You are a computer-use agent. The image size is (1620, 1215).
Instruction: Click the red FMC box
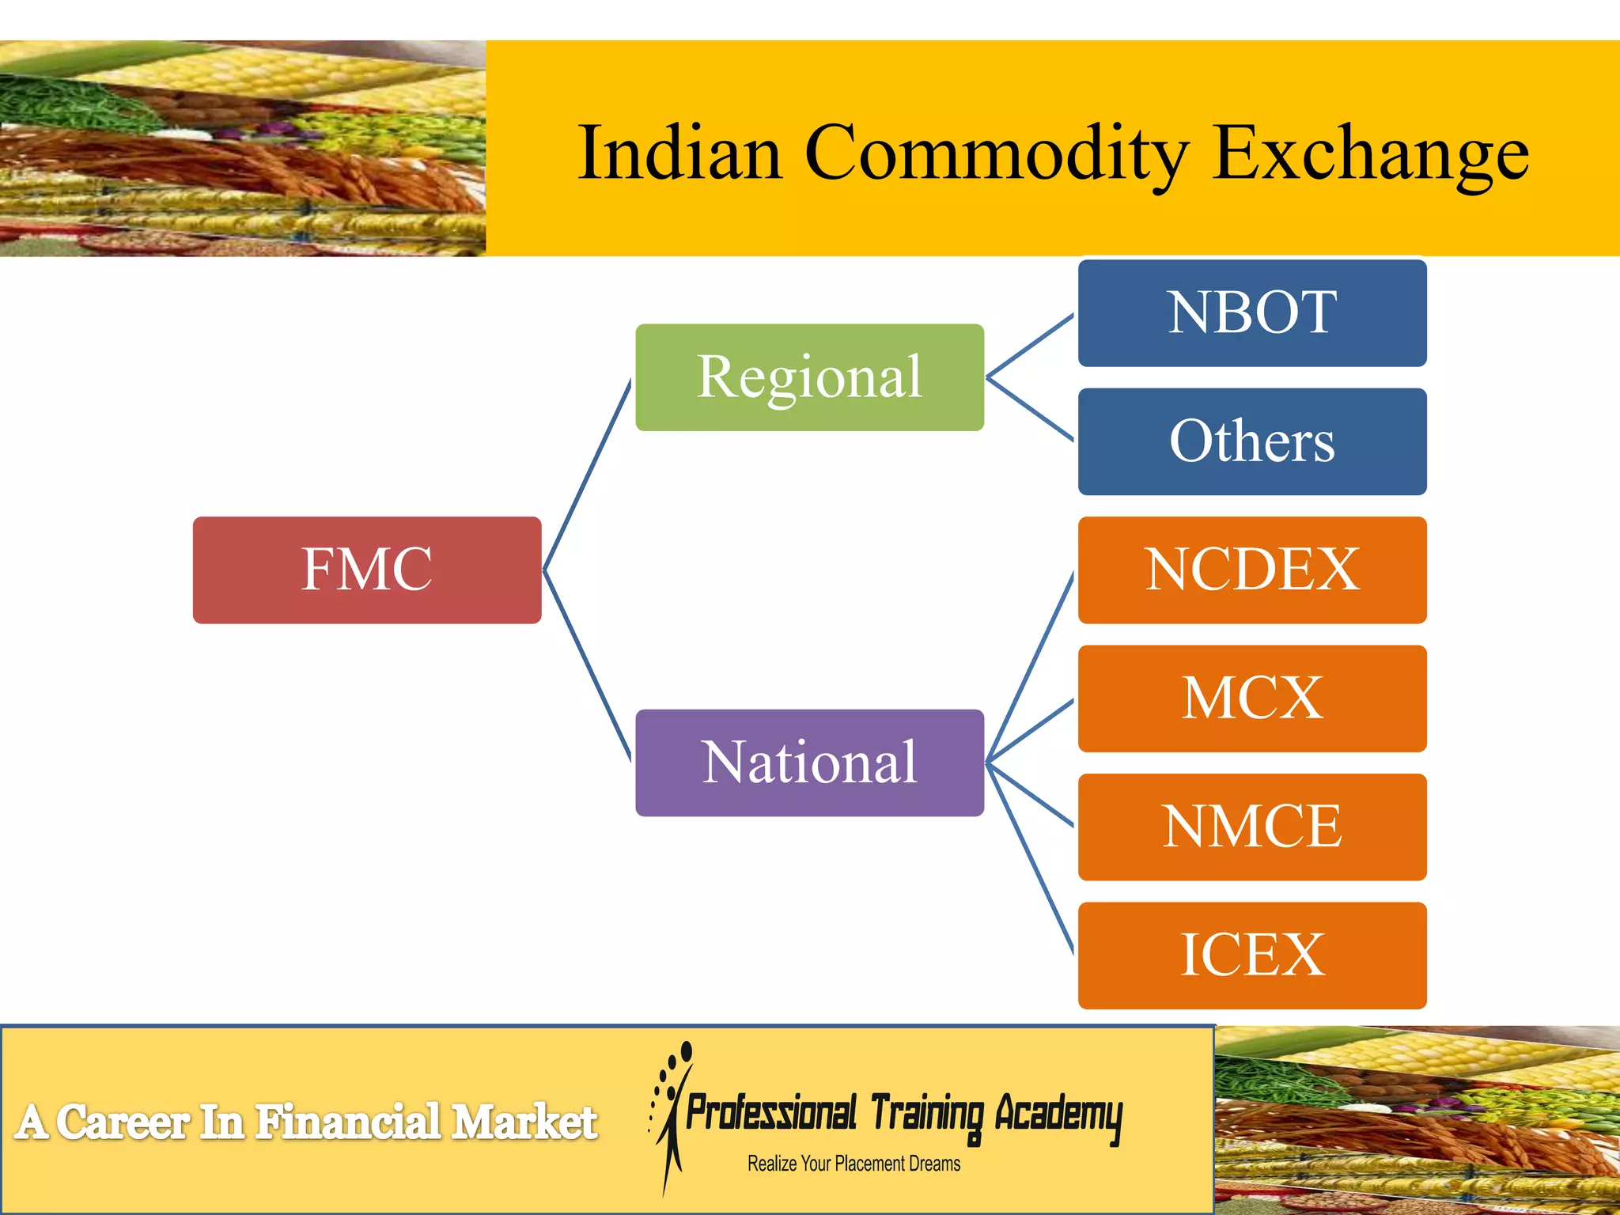367,570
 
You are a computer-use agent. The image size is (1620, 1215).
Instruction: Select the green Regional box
809,377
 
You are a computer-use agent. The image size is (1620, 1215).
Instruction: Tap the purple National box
809,763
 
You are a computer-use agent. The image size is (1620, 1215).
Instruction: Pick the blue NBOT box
1252,312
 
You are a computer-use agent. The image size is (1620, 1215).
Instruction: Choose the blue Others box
1252,441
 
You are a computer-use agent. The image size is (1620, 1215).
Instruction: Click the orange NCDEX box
1252,570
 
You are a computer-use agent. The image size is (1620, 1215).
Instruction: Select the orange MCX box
1252,698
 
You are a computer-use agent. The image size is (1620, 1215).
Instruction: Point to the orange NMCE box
1252,827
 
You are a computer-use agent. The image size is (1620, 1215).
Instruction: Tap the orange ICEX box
1252,956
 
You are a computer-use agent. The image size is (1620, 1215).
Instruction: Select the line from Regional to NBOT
1030,345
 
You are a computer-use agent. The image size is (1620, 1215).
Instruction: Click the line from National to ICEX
1030,858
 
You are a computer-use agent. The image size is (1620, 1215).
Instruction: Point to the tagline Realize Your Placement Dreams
854,1164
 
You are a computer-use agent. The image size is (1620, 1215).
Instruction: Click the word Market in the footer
524,1122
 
